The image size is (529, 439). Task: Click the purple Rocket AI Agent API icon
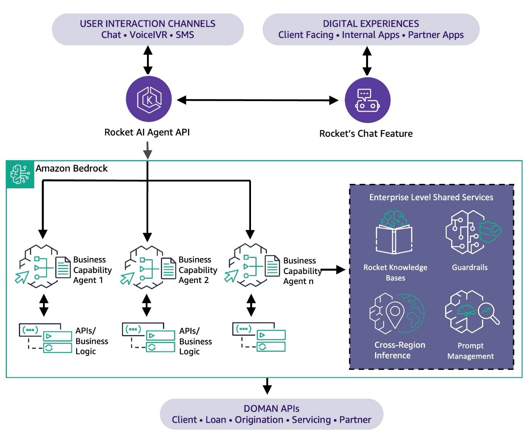[x=149, y=99]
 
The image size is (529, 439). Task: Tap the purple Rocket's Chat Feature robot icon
[x=367, y=100]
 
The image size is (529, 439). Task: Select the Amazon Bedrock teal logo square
[x=20, y=174]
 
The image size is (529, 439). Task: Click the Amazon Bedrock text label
[x=71, y=168]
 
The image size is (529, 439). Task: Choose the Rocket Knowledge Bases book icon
[x=394, y=232]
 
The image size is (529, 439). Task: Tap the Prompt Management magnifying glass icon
[x=472, y=312]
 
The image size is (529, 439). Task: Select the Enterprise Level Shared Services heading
[x=431, y=197]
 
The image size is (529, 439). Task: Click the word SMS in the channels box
[x=185, y=35]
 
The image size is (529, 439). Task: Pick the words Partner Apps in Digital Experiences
[x=436, y=35]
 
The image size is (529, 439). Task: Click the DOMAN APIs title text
[x=271, y=409]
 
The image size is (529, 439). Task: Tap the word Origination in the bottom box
[x=259, y=420]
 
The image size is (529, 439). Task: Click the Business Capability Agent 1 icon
[x=43, y=266]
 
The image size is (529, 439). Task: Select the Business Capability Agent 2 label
[x=198, y=270]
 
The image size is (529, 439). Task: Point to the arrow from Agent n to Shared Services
[x=333, y=270]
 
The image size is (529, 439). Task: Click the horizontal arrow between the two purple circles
[x=258, y=100]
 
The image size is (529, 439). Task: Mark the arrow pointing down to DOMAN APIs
[x=267, y=386]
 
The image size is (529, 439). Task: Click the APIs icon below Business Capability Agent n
[x=259, y=337]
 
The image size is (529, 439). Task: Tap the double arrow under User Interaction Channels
[x=148, y=60]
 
